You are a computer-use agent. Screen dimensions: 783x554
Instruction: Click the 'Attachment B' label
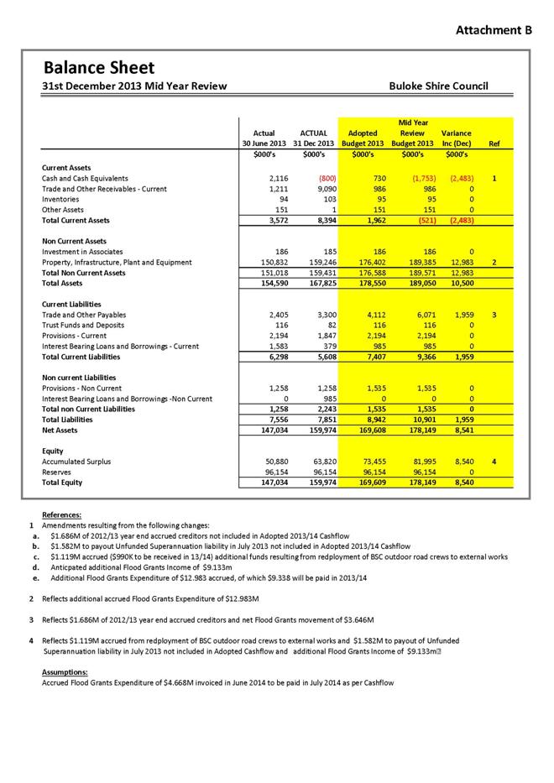(x=494, y=30)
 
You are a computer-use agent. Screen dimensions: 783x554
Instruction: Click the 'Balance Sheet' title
(x=99, y=67)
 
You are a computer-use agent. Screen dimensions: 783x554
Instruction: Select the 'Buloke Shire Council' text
(x=438, y=86)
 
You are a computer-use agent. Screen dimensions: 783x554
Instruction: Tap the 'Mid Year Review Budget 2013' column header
(x=413, y=133)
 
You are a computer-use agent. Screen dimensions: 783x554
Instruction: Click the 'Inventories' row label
(x=61, y=200)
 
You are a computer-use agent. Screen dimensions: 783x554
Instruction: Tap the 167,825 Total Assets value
(x=308, y=284)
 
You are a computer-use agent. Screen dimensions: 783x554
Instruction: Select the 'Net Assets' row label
(x=60, y=431)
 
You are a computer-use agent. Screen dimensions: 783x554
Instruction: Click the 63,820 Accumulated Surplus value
(x=310, y=462)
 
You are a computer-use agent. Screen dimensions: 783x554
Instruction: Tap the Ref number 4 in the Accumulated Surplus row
(x=495, y=462)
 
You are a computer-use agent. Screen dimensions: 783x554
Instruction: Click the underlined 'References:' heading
(x=61, y=514)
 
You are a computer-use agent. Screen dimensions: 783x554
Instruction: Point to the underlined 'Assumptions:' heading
(x=64, y=672)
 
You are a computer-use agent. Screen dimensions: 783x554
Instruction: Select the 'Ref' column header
(x=494, y=144)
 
